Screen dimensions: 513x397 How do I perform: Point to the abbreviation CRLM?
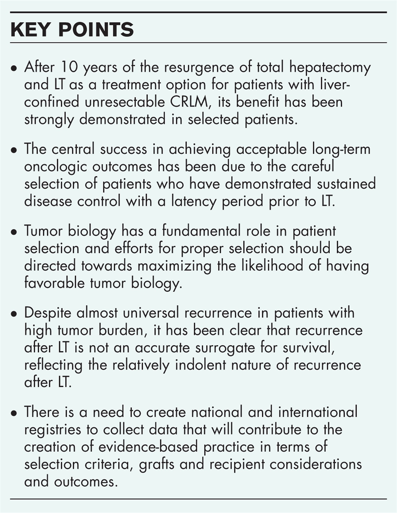pos(190,102)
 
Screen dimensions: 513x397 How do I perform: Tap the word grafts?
pos(156,464)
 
